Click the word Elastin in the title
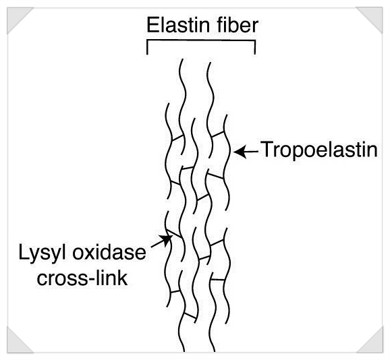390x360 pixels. click(x=178, y=25)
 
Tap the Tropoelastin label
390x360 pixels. click(x=319, y=149)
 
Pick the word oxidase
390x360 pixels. click(x=109, y=252)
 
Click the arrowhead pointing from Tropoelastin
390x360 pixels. click(x=240, y=151)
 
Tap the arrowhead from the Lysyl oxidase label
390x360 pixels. click(x=166, y=239)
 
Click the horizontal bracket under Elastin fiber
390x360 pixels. click(x=201, y=40)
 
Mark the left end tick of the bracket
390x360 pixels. click(x=147, y=47)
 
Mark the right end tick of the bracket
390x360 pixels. click(x=254, y=47)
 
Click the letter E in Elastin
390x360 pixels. click(x=152, y=25)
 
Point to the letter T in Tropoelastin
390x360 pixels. click(x=267, y=149)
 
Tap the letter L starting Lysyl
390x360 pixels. click(x=24, y=252)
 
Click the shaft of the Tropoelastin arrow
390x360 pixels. click(x=252, y=151)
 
